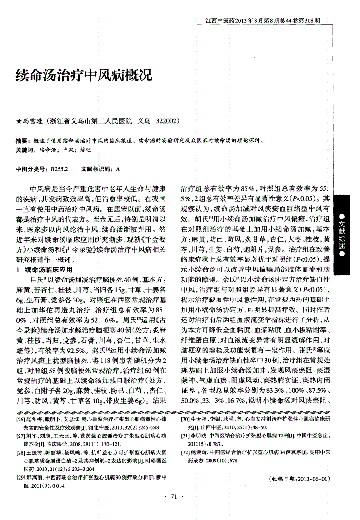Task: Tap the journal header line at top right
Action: coord(262,20)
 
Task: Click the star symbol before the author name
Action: coord(19,122)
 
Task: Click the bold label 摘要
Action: coord(21,141)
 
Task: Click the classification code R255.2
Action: coord(59,168)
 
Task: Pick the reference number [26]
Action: coord(20,420)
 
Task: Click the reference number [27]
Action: coord(20,436)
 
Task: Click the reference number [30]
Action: coord(186,420)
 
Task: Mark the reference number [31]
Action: coord(186,436)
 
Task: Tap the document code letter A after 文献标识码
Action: coord(118,168)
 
